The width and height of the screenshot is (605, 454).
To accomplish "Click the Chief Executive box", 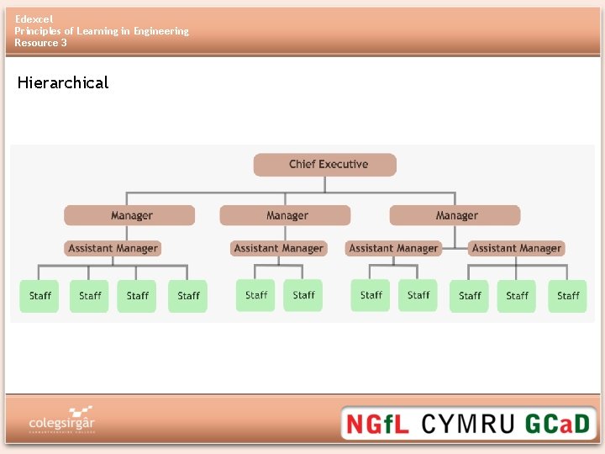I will (x=324, y=165).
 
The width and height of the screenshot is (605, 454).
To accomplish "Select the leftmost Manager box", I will (x=129, y=215).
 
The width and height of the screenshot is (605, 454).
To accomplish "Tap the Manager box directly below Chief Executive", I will (x=286, y=215).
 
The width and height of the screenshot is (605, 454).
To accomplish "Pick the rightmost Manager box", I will (x=455, y=215).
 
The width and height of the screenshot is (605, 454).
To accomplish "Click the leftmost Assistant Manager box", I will (x=113, y=248).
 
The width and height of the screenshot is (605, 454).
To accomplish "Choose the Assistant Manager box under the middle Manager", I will (x=278, y=248).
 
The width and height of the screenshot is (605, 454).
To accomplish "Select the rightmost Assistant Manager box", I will (x=516, y=248).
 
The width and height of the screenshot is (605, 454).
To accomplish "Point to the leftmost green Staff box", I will (x=39, y=296).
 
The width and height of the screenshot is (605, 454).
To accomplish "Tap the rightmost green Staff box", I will (x=568, y=296).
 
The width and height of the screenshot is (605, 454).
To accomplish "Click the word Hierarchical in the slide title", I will (x=63, y=82).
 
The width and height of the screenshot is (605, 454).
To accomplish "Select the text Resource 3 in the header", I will (x=40, y=43).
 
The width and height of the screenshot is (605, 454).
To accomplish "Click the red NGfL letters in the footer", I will (x=377, y=423).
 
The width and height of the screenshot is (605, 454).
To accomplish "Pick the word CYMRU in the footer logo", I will (x=466, y=423).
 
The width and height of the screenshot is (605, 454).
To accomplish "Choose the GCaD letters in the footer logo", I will (x=558, y=423).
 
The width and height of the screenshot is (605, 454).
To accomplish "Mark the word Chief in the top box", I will (x=302, y=165).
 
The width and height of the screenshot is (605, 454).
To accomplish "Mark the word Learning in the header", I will (x=100, y=31).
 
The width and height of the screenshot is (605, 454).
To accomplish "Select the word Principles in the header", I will (x=39, y=31).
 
